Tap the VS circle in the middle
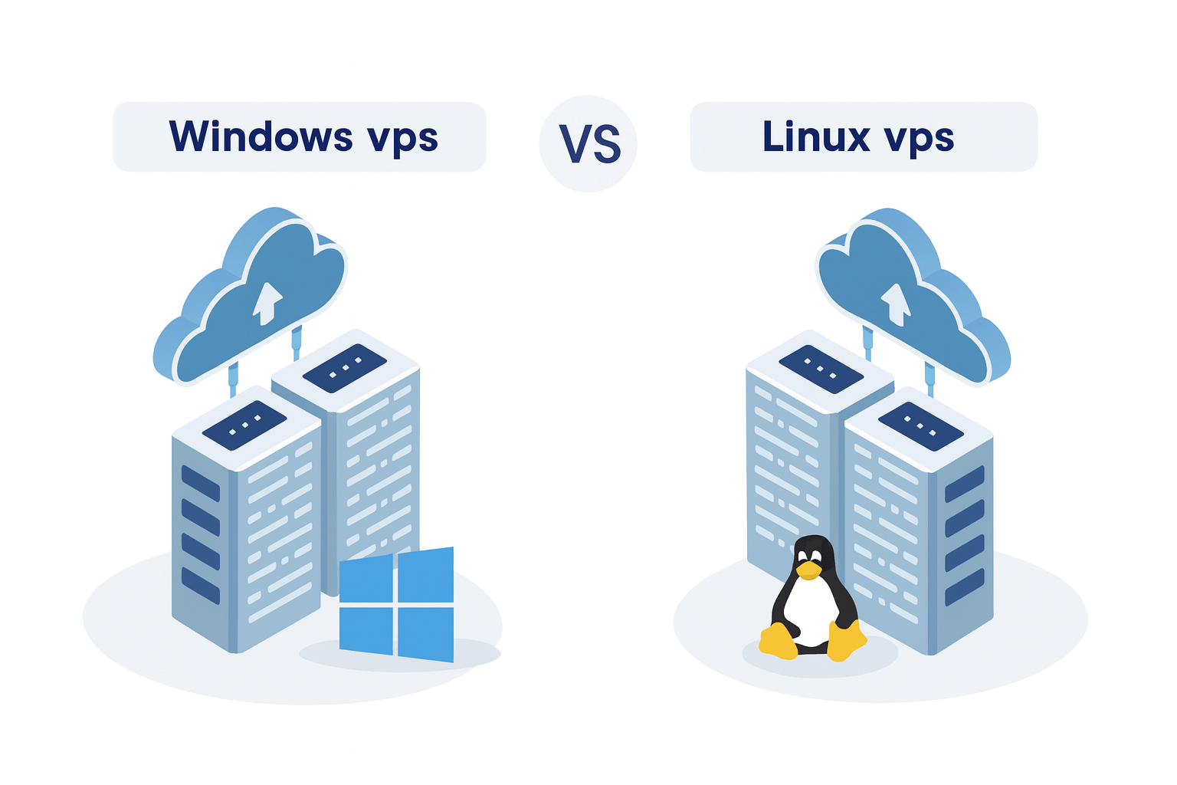(588, 143)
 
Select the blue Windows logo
(396, 604)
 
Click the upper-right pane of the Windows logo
(426, 575)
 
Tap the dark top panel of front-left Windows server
(244, 424)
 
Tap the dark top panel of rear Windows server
(345, 367)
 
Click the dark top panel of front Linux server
(920, 425)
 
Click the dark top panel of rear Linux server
(821, 369)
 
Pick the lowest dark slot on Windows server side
(200, 585)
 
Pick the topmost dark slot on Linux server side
(964, 484)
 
